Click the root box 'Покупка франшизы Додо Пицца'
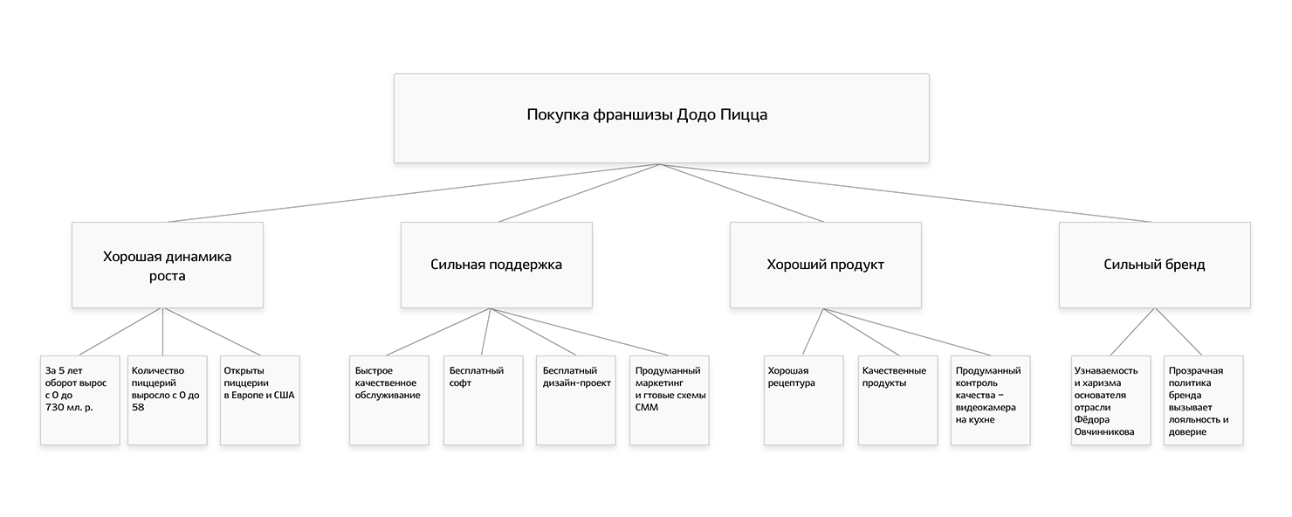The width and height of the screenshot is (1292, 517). pyautogui.click(x=661, y=118)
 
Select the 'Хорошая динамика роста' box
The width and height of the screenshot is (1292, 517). pyautogui.click(x=168, y=265)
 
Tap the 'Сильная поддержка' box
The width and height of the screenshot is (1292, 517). pyautogui.click(x=496, y=265)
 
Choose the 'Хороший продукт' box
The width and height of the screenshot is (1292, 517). pyautogui.click(x=825, y=265)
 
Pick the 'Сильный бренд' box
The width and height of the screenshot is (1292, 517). pyautogui.click(x=1154, y=265)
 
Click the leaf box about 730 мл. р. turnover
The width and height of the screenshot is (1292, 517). pyautogui.click(x=79, y=400)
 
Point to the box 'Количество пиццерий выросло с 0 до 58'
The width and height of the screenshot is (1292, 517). pyautogui.click(x=168, y=400)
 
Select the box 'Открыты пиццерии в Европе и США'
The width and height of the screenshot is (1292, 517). pyautogui.click(x=259, y=400)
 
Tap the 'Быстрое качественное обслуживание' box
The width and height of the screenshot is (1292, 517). pyautogui.click(x=389, y=400)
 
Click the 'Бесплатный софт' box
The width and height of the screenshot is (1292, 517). pyautogui.click(x=483, y=400)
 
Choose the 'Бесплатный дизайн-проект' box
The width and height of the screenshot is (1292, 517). pyautogui.click(x=575, y=400)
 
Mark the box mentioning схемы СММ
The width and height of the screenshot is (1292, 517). pyautogui.click(x=669, y=400)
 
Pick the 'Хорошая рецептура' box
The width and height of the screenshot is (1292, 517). pyautogui.click(x=803, y=400)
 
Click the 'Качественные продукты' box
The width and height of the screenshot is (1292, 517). pyautogui.click(x=897, y=400)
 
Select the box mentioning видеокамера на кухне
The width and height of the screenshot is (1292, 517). pyautogui.click(x=991, y=400)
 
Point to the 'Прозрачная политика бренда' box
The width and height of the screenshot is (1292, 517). pyautogui.click(x=1202, y=400)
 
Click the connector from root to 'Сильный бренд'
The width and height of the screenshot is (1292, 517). pyautogui.click(x=908, y=193)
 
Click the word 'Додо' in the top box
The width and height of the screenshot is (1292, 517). pyautogui.click(x=697, y=115)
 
